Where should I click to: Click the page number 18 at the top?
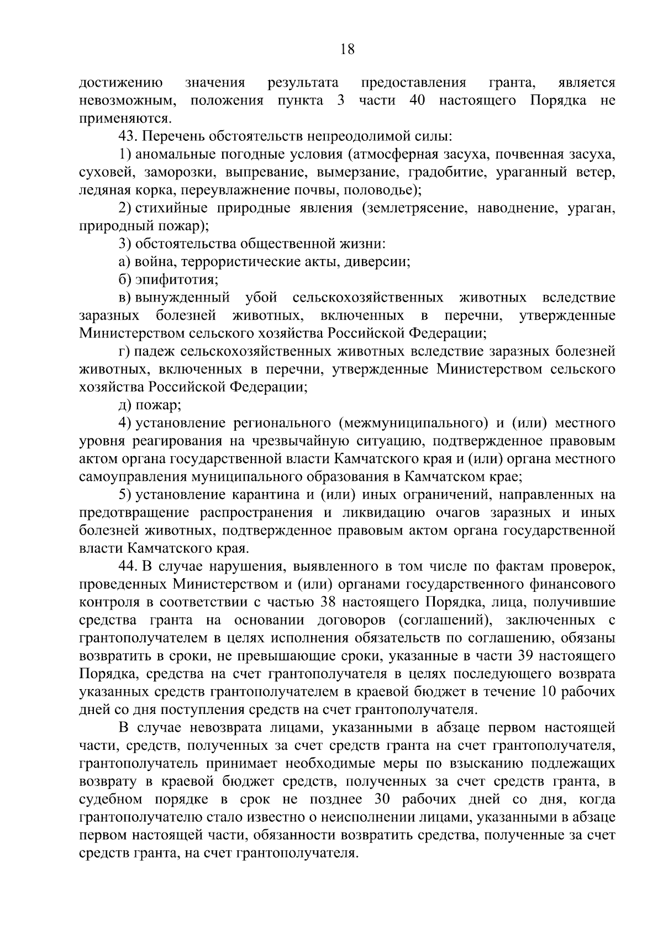click(x=348, y=49)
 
